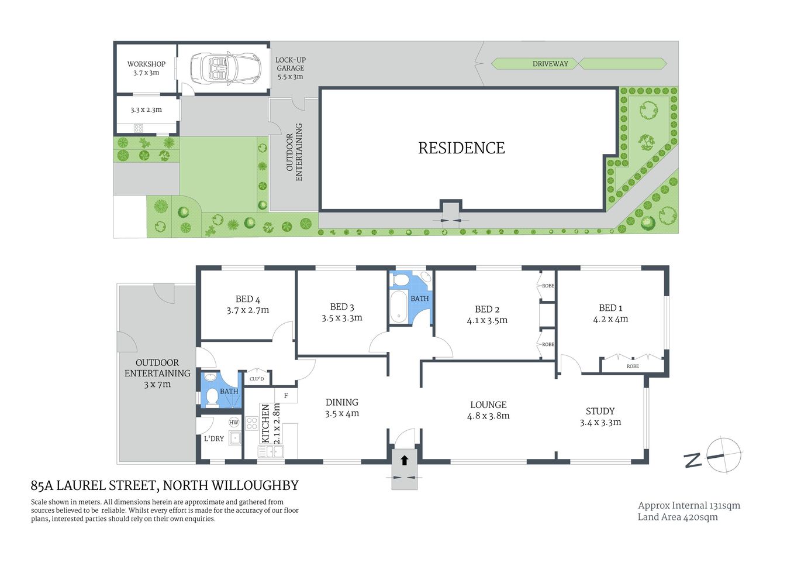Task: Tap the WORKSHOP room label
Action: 146,64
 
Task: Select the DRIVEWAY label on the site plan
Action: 550,64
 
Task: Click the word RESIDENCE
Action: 461,148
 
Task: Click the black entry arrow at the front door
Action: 404,460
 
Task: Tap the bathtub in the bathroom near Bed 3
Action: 399,306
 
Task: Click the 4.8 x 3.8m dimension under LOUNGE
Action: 488,416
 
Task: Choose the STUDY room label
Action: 600,411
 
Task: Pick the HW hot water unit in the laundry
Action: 234,422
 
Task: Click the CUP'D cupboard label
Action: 257,379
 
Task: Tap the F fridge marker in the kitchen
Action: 286,396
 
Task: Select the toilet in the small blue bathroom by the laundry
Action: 212,397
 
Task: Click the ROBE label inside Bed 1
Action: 632,366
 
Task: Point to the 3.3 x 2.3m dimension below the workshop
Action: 146,109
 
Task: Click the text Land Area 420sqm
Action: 677,517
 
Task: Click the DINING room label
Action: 341,402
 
